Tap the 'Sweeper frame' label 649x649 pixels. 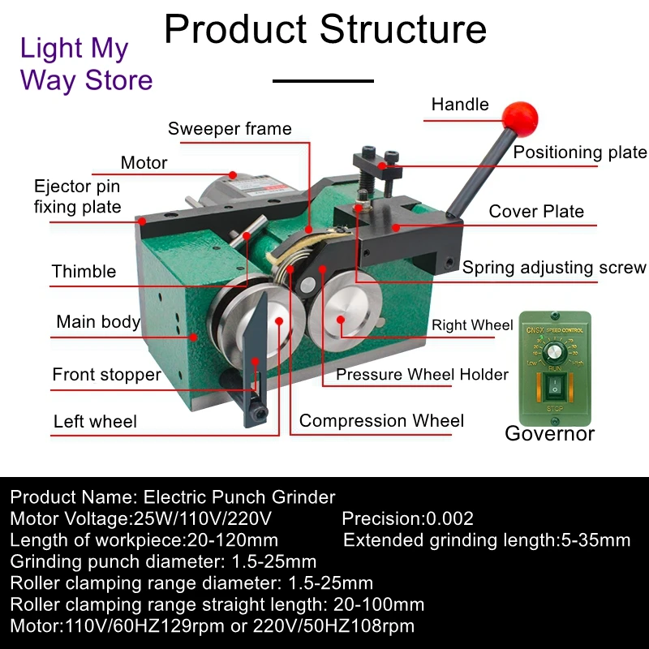230,129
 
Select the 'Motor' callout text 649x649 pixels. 144,162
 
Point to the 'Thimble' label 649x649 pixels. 84,271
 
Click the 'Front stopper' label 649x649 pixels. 106,375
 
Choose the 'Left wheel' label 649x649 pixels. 95,421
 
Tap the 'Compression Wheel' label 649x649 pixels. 381,420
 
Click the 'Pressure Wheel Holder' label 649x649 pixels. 422,374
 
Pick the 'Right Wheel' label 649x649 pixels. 472,325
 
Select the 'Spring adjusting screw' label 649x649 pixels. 554,268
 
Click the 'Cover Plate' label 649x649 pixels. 536,212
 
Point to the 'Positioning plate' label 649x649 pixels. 580,153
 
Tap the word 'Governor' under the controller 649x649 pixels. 549,433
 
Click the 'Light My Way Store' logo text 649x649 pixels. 86,64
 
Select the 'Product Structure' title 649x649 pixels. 325,29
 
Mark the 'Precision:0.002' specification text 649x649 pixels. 407,518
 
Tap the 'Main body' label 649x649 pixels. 98,322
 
